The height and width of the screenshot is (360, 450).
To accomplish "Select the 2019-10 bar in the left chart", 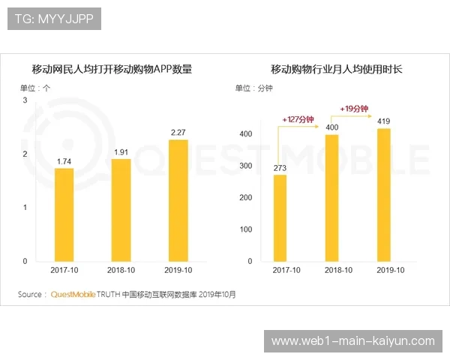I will coord(178,200).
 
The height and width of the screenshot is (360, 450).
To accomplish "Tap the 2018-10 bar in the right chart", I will coord(332,198).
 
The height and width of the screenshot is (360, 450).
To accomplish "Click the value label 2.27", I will coord(178,133).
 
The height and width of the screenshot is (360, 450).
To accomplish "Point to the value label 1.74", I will coord(64,161).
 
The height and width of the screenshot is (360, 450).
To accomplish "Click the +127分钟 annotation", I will coord(298,119).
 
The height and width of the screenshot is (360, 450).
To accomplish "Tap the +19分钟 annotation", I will coord(355,109).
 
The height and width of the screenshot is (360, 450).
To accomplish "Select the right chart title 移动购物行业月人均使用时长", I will coord(337,70).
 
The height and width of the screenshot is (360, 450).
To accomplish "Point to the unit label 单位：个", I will coord(35,88).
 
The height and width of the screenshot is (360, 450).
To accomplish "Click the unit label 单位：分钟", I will coord(254,88).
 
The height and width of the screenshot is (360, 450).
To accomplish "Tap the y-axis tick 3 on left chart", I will coord(25,100).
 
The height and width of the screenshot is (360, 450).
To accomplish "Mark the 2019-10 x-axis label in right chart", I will coord(390,270).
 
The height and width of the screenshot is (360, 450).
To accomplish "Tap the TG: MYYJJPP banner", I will coord(53,19).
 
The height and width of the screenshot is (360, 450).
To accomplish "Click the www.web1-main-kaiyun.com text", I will coord(352,341).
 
